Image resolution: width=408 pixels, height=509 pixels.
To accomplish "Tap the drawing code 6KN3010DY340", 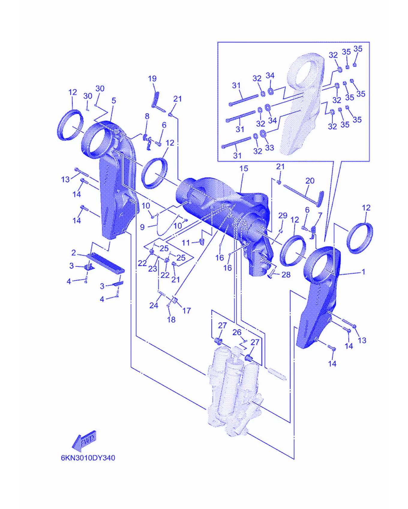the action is click(x=88, y=458).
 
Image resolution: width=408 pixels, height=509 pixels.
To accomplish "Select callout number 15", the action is click(x=244, y=169).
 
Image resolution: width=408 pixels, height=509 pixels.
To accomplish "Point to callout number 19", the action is click(x=152, y=79).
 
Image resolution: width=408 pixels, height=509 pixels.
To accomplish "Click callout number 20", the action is click(x=310, y=181).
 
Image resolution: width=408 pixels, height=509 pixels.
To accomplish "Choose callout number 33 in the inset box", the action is click(x=269, y=148).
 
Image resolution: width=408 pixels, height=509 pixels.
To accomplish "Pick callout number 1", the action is click(x=364, y=272).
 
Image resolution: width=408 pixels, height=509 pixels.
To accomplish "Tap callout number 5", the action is click(x=114, y=100).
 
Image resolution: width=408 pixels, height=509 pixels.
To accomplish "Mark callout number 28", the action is click(x=286, y=275).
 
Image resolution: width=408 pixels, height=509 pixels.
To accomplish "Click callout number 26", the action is click(x=237, y=332).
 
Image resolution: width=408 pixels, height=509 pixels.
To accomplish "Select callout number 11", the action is click(x=186, y=243).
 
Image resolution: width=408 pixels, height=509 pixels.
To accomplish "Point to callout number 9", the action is click(x=142, y=227).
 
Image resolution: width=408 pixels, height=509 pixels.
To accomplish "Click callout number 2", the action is click(x=73, y=253).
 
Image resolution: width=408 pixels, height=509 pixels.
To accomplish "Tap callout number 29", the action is click(x=283, y=215).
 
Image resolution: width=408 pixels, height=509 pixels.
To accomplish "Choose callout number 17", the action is click(x=187, y=311).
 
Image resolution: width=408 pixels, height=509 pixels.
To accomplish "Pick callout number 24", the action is click(x=154, y=306).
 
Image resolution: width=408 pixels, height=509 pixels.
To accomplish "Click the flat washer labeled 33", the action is click(x=262, y=133).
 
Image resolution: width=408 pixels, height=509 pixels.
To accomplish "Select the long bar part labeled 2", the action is click(x=106, y=264).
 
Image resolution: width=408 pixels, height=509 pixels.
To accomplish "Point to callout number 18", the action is click(x=171, y=320).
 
